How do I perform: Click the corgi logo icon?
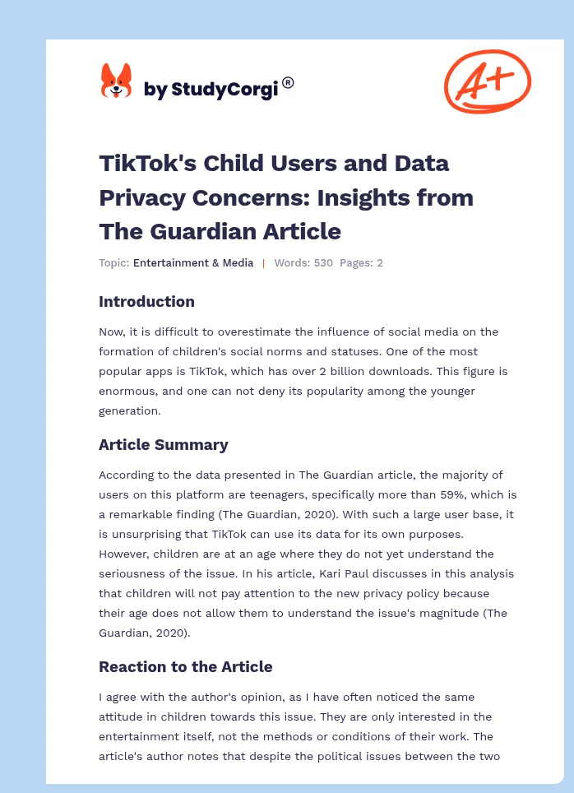[x=116, y=81]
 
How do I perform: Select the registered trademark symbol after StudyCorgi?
[x=288, y=82]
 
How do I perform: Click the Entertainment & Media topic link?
[x=193, y=263]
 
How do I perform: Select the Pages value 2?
[x=380, y=263]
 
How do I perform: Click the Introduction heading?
[x=146, y=301]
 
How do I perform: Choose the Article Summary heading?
[x=163, y=444]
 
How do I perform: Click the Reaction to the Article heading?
[x=185, y=666]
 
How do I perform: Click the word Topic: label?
[x=113, y=263]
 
